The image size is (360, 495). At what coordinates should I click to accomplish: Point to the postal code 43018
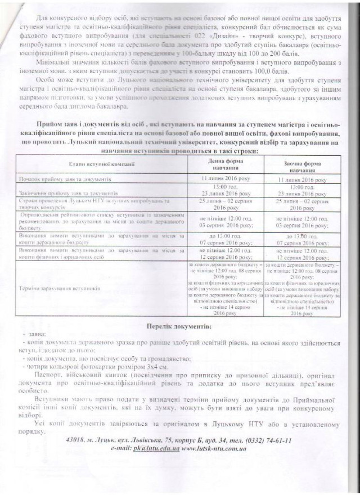pyautogui.click(x=76, y=439)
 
